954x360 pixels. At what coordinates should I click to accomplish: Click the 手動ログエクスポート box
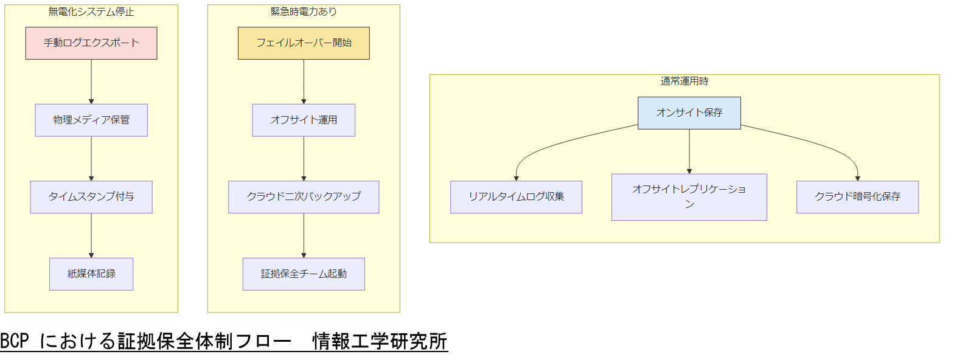point(91,43)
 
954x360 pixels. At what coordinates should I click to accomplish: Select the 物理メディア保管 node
point(91,120)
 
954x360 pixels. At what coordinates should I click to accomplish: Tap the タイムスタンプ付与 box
point(91,197)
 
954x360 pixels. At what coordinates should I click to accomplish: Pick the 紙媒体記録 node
point(91,274)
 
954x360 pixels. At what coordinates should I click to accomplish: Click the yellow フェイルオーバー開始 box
point(304,43)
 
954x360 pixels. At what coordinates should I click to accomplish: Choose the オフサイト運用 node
point(304,120)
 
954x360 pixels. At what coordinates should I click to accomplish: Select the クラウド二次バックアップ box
point(304,197)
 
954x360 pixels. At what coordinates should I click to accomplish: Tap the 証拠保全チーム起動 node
point(304,274)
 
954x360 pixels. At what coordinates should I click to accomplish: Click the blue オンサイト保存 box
point(689,113)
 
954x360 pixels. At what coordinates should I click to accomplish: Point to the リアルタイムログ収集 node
point(516,197)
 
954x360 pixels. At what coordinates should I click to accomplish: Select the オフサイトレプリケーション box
point(689,197)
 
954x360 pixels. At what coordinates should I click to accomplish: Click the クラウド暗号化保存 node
point(857,197)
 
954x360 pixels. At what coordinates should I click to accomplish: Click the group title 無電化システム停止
point(91,12)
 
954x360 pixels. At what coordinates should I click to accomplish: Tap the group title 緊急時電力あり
point(304,12)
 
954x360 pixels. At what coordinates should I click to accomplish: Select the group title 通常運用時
point(684,81)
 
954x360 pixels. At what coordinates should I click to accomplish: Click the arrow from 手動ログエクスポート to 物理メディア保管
point(91,81)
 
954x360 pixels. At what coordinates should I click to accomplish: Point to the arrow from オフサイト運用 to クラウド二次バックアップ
point(304,158)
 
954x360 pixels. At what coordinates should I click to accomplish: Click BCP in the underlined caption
point(15,342)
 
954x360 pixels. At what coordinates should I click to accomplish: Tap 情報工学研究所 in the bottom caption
point(380,342)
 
